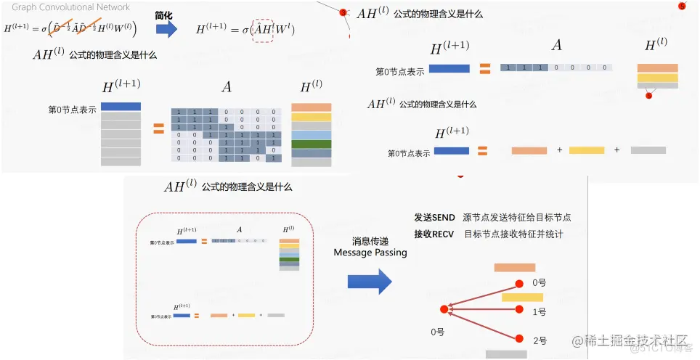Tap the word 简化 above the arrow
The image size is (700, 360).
(x=165, y=15)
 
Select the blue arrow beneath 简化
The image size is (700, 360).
(x=166, y=29)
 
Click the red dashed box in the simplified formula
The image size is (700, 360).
(x=263, y=30)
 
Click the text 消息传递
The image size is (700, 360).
(x=371, y=241)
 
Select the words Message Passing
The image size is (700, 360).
(x=370, y=253)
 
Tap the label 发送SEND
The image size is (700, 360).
(x=434, y=218)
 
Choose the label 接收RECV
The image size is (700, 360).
(x=434, y=234)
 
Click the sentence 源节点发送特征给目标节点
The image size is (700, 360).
(x=516, y=218)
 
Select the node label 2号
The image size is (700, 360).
(x=540, y=340)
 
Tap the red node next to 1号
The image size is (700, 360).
(x=519, y=310)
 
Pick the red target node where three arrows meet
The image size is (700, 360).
(x=444, y=309)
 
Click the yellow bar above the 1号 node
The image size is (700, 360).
(x=522, y=297)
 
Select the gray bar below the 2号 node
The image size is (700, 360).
(x=506, y=354)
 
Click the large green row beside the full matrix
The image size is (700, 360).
(x=311, y=144)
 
